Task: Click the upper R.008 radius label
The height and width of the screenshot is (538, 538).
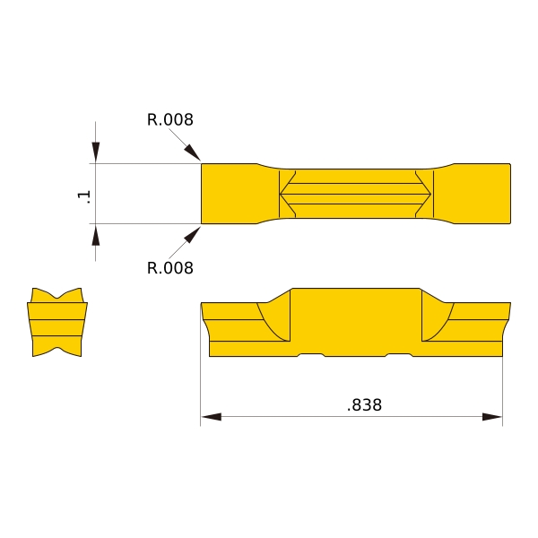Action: (170, 120)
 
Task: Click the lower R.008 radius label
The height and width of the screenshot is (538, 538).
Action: (170, 268)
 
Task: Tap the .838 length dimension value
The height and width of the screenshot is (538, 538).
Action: (364, 405)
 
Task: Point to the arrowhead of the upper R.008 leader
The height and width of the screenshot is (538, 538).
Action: (193, 152)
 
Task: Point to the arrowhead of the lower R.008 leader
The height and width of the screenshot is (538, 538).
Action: (193, 235)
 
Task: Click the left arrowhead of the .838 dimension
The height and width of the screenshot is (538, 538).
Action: (212, 417)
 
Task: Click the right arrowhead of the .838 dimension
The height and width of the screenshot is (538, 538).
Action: (492, 417)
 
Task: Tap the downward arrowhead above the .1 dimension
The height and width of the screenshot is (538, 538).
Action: (96, 152)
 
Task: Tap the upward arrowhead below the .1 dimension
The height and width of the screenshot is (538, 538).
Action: (96, 235)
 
